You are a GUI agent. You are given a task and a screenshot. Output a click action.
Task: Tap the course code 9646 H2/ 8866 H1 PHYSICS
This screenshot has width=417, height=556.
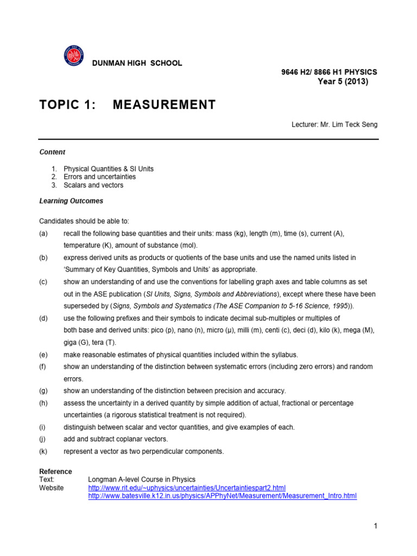click(328, 72)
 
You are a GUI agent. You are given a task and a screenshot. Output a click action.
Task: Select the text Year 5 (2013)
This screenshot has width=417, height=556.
click(343, 82)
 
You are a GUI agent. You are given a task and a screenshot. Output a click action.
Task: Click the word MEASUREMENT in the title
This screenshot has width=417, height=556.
click(164, 105)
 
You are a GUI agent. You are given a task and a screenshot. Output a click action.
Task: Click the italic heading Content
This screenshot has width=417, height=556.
click(52, 153)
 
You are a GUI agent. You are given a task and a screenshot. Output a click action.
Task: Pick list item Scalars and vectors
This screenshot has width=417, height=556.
click(93, 185)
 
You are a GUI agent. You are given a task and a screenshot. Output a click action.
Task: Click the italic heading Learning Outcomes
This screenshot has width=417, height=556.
click(71, 201)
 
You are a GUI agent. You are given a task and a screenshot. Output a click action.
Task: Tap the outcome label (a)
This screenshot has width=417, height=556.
click(43, 233)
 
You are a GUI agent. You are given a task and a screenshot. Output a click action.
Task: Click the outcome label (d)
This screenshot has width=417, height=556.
click(43, 318)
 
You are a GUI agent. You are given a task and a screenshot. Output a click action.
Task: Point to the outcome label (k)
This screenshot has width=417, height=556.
click(43, 451)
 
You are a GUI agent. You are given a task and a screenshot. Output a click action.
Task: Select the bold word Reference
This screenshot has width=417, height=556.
click(55, 471)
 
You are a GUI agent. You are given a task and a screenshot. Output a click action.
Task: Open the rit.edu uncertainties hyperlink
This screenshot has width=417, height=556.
click(187, 488)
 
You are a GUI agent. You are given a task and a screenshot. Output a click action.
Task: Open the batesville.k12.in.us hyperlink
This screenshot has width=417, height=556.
click(222, 496)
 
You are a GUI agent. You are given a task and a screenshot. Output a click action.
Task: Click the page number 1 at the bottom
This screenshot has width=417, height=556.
click(375, 526)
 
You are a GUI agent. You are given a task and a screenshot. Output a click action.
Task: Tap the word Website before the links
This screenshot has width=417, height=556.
click(52, 488)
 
